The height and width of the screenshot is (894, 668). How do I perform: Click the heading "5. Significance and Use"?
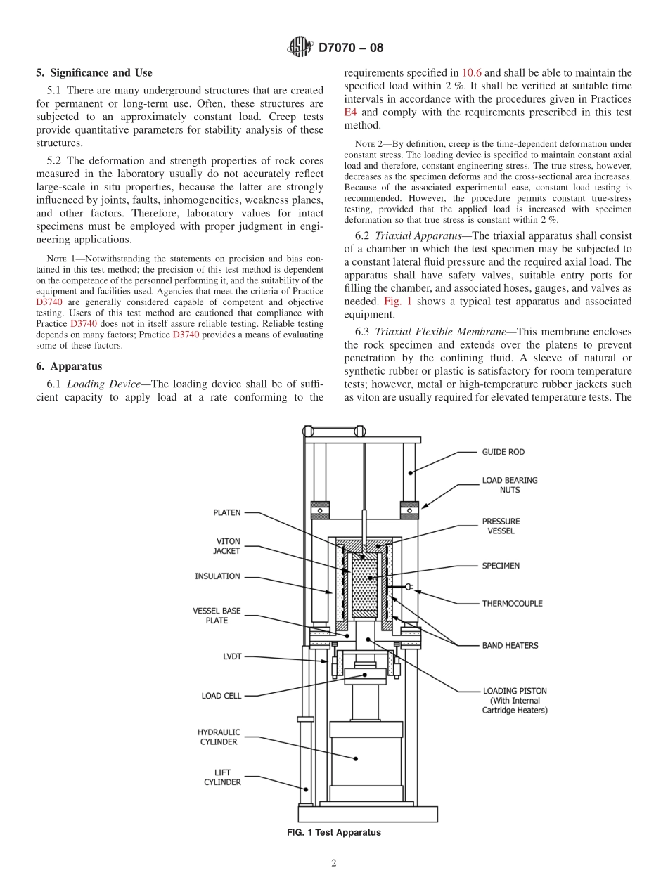(94, 72)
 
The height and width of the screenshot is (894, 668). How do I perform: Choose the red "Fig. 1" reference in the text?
(397, 300)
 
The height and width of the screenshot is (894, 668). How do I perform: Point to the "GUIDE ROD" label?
(503, 452)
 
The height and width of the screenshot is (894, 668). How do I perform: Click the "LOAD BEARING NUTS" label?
(509, 485)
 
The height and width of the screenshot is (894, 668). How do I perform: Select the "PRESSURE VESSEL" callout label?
(501, 526)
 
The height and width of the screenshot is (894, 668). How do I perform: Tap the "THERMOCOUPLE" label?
(512, 603)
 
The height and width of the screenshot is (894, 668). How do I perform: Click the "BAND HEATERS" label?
(510, 645)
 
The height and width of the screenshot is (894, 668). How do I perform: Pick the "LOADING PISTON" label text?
(515, 691)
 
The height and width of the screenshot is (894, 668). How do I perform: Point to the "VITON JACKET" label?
(226, 546)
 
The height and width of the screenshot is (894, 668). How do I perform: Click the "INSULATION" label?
(217, 576)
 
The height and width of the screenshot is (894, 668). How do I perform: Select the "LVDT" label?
(231, 657)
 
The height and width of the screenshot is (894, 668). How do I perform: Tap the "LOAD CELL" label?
(221, 696)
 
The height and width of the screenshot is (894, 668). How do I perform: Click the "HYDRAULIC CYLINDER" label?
(218, 737)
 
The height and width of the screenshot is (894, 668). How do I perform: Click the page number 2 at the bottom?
(334, 864)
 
